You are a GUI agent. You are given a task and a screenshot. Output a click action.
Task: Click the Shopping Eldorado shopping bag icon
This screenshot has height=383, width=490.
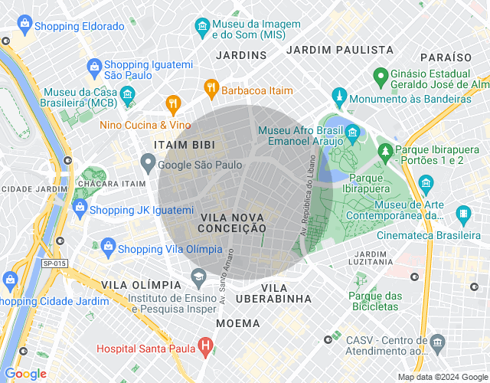25,25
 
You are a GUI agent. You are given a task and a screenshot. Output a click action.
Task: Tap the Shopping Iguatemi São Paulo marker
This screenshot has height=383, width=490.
94,66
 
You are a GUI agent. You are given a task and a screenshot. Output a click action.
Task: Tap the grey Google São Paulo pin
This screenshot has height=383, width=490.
148,163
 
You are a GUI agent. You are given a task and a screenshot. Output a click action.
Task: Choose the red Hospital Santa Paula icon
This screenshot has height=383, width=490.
205,347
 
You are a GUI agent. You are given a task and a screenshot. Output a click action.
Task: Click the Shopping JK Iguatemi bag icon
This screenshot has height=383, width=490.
80,209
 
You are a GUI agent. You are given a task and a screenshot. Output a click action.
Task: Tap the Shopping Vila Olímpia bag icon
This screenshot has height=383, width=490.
108,248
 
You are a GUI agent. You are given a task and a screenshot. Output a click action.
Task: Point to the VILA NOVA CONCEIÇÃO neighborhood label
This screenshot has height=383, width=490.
232,223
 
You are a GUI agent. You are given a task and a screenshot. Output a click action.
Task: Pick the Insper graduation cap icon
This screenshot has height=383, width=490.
198,276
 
